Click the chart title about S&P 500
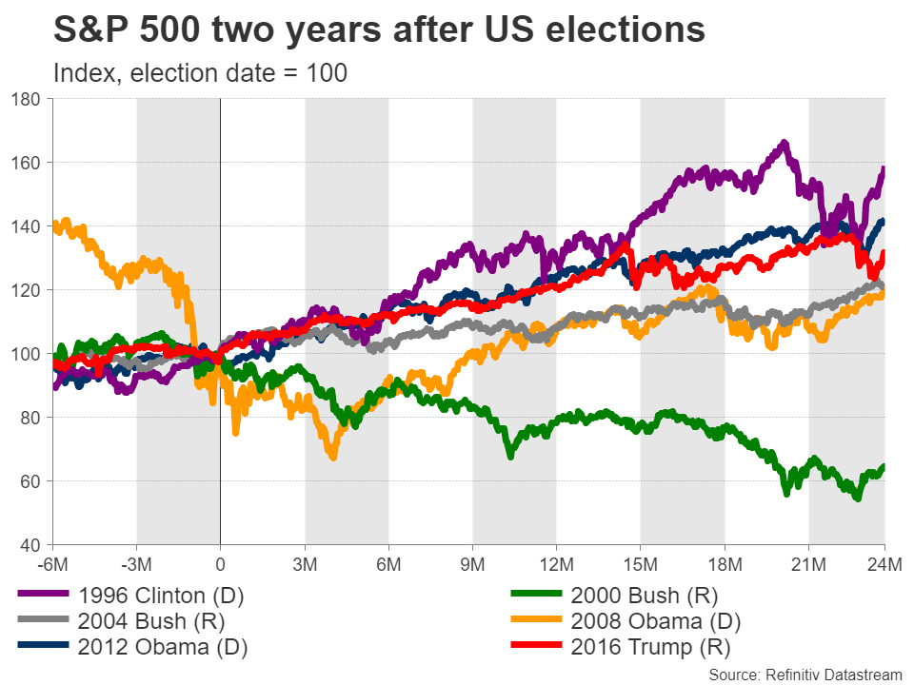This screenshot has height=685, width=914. (380, 30)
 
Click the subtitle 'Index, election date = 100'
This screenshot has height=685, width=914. (201, 72)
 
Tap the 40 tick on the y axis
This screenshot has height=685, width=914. (30, 545)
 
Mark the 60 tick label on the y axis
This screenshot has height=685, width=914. (30, 481)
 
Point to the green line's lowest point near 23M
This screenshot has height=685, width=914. (857, 498)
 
